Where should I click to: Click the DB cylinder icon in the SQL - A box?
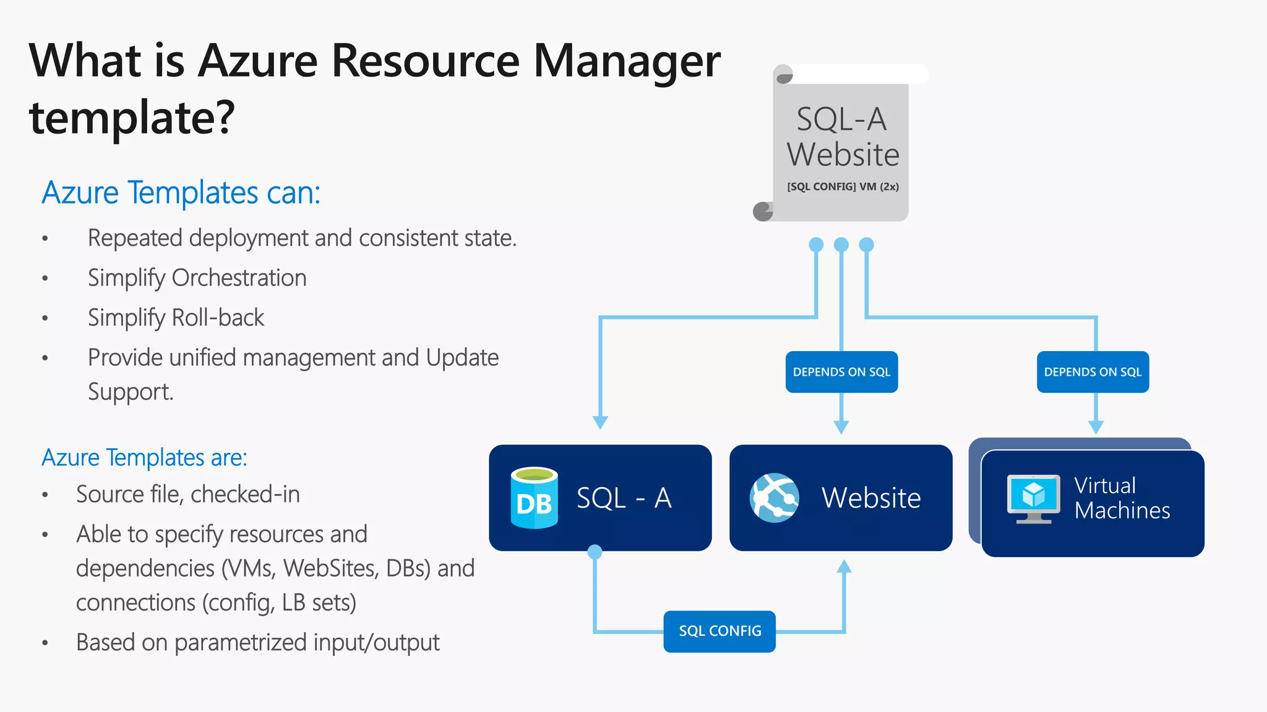tap(535, 498)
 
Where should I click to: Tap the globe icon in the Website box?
tap(774, 498)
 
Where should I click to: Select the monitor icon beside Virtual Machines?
tap(1033, 498)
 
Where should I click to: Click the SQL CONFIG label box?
tap(719, 631)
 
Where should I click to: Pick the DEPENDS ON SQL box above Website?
tap(841, 372)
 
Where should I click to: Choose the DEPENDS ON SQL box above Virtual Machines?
tap(1093, 372)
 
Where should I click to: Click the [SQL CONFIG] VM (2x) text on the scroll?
tap(843, 187)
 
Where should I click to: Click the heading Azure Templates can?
tap(181, 192)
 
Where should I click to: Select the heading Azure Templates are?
tap(144, 457)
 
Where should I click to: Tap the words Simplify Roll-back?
tap(176, 318)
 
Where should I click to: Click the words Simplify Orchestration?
tap(197, 278)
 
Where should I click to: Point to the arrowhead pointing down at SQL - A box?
tap(600, 422)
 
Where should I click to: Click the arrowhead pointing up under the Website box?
tap(844, 566)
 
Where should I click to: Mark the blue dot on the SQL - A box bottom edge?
tap(595, 552)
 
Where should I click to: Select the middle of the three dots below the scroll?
tap(841, 245)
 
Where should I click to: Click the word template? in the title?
tap(132, 117)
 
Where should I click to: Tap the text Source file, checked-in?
tap(188, 494)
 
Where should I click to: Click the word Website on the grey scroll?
tap(843, 155)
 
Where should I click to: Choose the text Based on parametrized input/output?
tap(257, 643)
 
